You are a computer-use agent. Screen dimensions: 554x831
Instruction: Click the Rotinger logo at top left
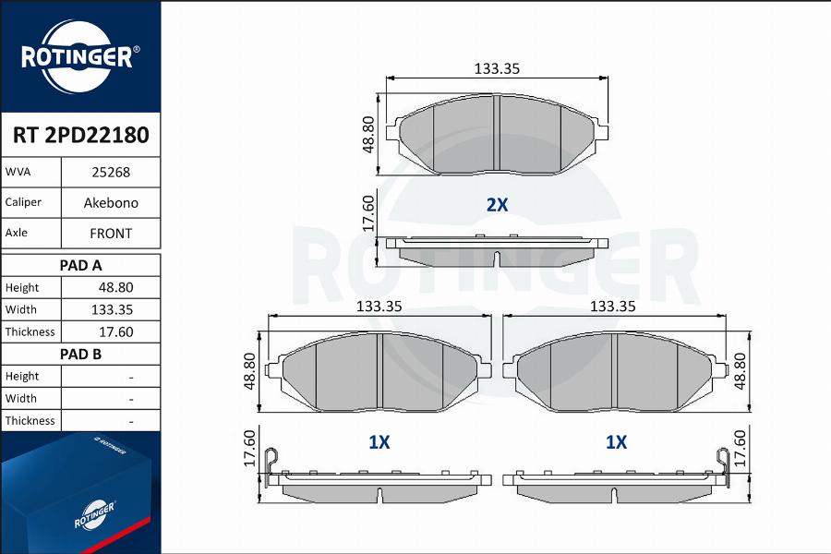(80, 55)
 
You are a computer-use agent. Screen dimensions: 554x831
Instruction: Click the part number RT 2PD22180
(80, 136)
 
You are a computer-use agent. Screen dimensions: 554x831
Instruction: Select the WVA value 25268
(110, 172)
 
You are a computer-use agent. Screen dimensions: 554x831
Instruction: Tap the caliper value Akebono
(110, 202)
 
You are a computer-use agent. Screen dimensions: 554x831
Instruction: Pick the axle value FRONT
(110, 234)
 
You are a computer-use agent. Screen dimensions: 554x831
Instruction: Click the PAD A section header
(80, 265)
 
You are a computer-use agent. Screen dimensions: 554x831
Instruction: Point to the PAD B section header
(80, 354)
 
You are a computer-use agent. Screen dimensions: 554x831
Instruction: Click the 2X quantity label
(497, 205)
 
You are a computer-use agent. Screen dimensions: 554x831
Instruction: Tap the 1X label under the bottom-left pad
(379, 443)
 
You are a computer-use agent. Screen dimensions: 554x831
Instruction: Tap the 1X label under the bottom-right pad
(616, 443)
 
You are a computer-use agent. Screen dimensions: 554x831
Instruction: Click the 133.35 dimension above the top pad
(497, 68)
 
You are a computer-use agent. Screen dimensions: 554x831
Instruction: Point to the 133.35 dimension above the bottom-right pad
(613, 306)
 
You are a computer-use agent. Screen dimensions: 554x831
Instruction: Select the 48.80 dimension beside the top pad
(367, 135)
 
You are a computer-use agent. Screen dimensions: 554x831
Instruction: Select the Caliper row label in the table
(22, 202)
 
